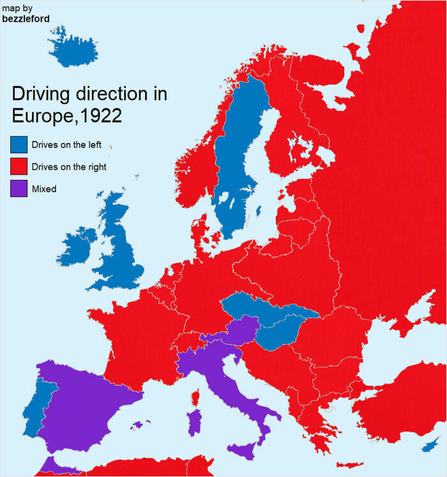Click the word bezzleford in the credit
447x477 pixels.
[26, 19]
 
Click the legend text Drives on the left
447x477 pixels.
[66, 145]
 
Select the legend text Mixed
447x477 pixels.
[44, 189]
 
